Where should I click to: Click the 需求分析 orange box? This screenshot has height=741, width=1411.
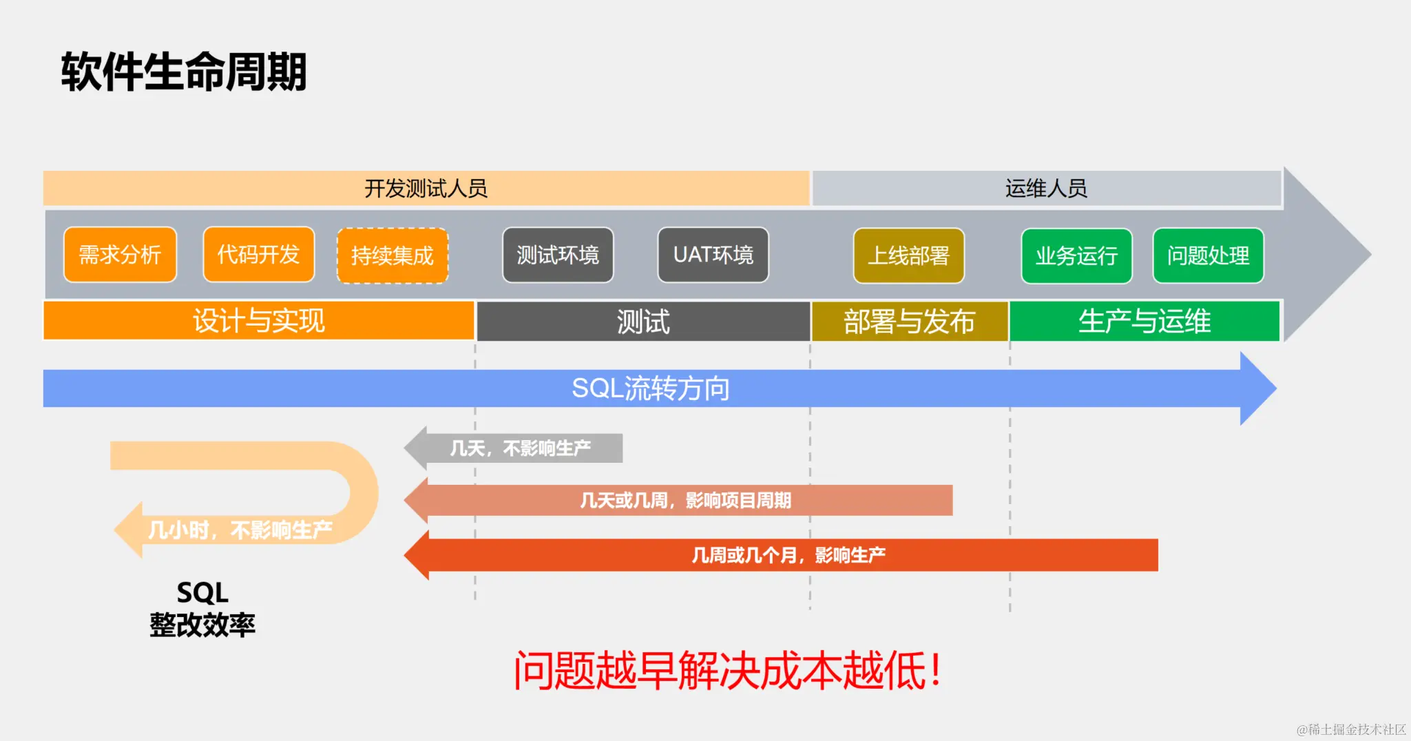120,255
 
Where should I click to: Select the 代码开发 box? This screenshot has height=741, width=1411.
258,255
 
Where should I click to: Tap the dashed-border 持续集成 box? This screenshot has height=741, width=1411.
393,255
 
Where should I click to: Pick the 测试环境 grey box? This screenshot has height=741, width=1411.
558,255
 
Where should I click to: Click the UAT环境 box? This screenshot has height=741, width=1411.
713,255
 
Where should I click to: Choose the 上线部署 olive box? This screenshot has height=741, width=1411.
908,256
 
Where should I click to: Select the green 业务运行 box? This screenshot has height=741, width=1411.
1076,256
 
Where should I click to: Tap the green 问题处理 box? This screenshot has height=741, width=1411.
1208,256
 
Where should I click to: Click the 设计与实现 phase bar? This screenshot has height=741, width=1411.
258,321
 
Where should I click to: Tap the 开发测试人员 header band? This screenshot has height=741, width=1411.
426,189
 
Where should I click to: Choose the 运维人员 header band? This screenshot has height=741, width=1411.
1046,189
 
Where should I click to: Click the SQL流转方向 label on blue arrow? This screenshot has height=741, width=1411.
650,388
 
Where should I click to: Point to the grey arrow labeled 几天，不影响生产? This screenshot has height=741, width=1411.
520,448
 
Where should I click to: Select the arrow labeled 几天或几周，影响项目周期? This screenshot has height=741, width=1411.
685,501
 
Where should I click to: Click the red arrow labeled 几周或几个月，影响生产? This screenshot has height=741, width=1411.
788,555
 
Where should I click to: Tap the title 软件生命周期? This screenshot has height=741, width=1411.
184,72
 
